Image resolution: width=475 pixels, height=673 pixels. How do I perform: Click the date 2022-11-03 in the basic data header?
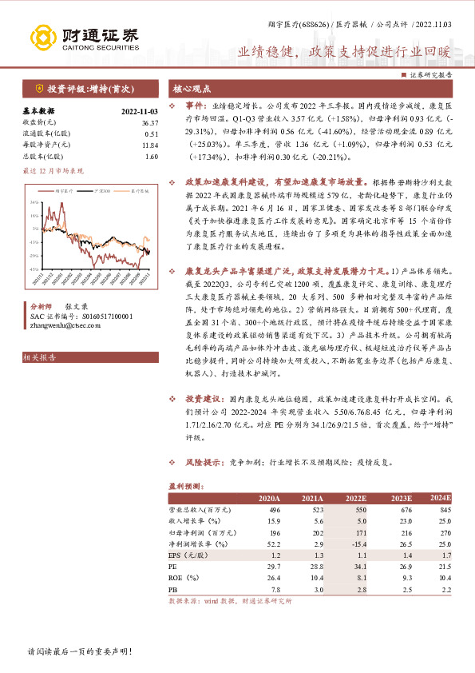click(139, 112)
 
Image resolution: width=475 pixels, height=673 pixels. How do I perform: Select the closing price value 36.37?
click(149, 122)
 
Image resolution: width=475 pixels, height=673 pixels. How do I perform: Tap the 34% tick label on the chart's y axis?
click(35, 203)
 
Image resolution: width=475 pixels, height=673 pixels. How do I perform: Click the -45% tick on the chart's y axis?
click(34, 269)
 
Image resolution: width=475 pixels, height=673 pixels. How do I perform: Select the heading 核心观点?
click(192, 89)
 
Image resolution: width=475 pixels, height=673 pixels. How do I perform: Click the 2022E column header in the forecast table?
click(354, 498)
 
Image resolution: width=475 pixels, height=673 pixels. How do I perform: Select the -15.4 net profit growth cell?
click(355, 543)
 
